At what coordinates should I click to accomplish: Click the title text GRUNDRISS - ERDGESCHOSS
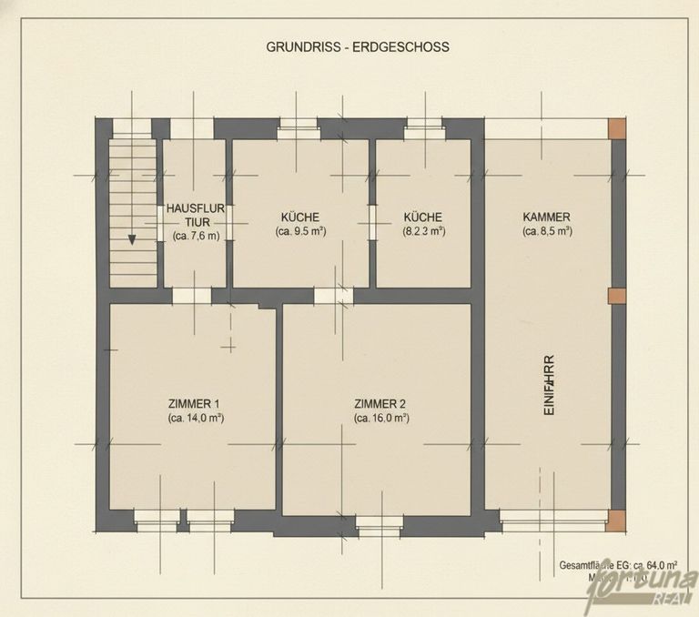pos(357,46)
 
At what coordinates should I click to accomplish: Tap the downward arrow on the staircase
pos(132,240)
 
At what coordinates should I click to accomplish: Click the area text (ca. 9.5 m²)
pos(299,231)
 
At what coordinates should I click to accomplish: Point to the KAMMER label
pos(546,217)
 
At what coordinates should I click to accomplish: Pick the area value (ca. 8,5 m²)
pos(546,231)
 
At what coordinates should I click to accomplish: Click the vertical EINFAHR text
pos(549,385)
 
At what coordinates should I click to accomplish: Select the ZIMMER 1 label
pos(193,403)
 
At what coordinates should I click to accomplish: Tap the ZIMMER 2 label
pos(380,403)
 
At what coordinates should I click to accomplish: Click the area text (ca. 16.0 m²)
pos(380,418)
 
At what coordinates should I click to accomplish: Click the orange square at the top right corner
pos(617,128)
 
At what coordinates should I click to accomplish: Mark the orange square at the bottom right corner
pos(617,521)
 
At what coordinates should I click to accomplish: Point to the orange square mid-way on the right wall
pos(617,295)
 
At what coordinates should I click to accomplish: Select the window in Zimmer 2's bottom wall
pos(379,521)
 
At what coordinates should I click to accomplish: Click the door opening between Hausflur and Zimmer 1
pos(192,295)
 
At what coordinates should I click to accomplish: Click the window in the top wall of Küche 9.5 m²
pos(299,128)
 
